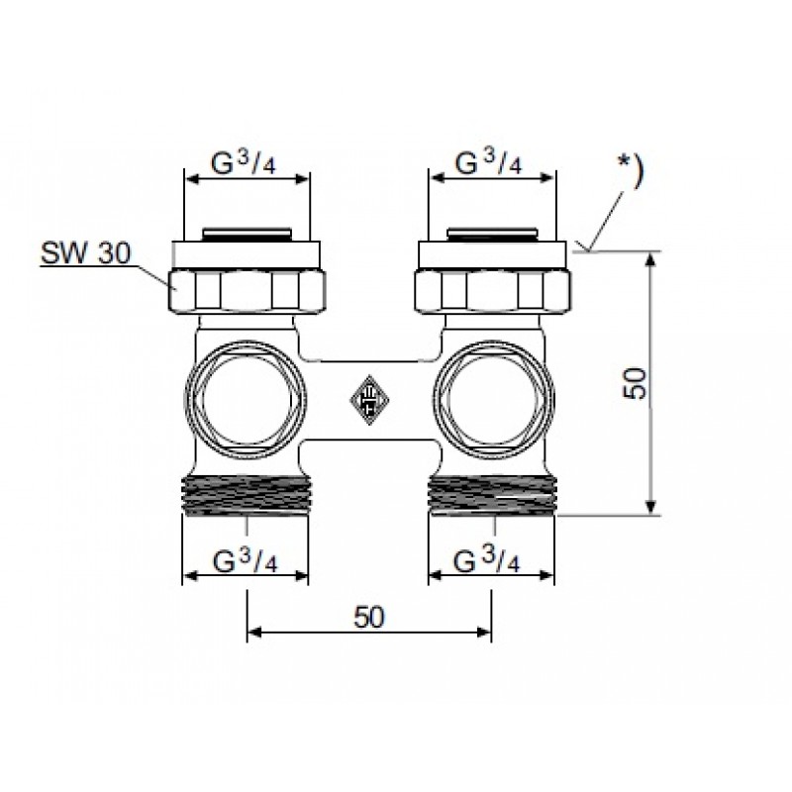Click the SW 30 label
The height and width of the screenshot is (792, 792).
(x=85, y=253)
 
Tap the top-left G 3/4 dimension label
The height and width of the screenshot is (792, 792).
(x=244, y=162)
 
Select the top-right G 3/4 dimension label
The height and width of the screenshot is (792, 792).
(x=488, y=161)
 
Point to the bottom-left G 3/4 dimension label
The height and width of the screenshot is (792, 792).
(x=245, y=560)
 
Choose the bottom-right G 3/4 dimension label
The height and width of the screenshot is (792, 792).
(x=486, y=560)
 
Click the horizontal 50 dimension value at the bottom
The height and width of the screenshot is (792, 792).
(x=369, y=617)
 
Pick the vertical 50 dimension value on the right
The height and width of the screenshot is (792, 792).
(x=635, y=383)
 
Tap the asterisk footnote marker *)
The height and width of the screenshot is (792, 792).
(x=631, y=169)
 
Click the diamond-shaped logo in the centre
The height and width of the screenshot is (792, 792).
(x=369, y=400)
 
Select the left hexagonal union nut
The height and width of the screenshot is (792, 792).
(x=246, y=291)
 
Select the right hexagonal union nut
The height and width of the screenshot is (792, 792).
(x=492, y=291)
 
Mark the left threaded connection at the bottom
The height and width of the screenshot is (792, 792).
(x=246, y=496)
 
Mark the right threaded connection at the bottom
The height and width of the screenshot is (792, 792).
(x=492, y=496)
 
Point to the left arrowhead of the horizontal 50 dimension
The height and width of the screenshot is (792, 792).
(x=254, y=632)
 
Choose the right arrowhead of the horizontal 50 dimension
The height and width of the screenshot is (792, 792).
(x=483, y=632)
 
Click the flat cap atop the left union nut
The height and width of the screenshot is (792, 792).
(x=246, y=255)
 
